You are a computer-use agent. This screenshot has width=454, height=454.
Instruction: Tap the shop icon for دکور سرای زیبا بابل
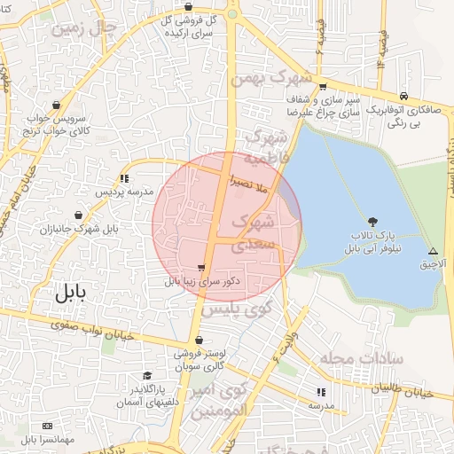pyautogui.click(x=202, y=268)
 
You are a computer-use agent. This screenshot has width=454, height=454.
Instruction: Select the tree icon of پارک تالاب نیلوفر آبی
pyautogui.click(x=372, y=222)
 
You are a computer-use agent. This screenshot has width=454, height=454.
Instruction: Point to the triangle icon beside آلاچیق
pyautogui.click(x=433, y=251)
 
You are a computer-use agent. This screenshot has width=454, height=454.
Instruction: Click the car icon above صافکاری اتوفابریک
pyautogui.click(x=404, y=96)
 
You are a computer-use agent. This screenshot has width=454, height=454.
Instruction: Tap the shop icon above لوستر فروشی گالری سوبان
pyautogui.click(x=200, y=340)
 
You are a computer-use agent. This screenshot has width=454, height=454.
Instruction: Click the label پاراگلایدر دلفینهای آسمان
pyautogui.click(x=148, y=396)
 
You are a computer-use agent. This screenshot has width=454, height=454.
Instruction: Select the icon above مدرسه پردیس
pyautogui.click(x=123, y=178)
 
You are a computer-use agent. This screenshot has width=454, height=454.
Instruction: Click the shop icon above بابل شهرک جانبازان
pyautogui.click(x=80, y=215)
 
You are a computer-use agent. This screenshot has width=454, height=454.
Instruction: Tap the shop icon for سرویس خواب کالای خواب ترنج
pyautogui.click(x=58, y=103)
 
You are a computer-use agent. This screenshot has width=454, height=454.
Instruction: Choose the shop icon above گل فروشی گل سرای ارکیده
pyautogui.click(x=189, y=6)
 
